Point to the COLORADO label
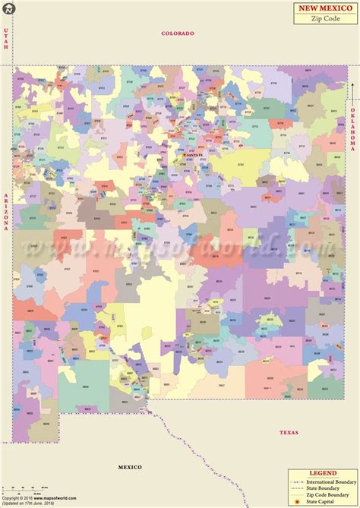point(178,33)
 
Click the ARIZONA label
point(6,212)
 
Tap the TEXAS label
point(289,432)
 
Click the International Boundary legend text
point(333,481)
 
